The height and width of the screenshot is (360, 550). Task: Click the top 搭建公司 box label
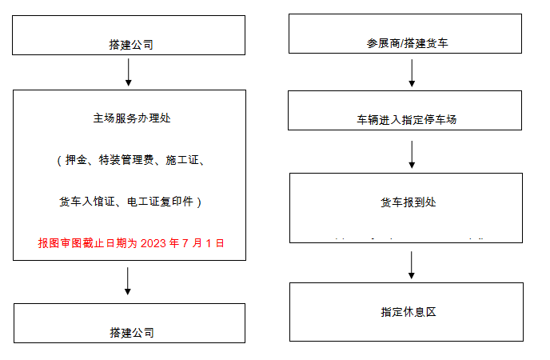tap(130, 45)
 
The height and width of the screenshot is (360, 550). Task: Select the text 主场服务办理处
tap(131, 118)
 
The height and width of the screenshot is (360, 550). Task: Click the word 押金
tap(76, 161)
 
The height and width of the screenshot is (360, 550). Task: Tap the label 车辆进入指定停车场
tap(407, 120)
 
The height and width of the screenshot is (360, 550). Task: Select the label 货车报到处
tap(408, 202)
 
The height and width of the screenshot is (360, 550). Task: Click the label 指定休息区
tap(408, 312)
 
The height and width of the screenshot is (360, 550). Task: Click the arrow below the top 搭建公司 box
tap(129, 73)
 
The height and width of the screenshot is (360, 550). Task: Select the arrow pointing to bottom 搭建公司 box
tap(129, 281)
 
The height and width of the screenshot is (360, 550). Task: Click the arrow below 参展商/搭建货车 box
tap(412, 73)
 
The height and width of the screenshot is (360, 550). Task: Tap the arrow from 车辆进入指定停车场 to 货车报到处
tap(412, 154)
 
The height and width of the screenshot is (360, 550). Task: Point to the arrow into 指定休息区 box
tap(412, 265)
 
